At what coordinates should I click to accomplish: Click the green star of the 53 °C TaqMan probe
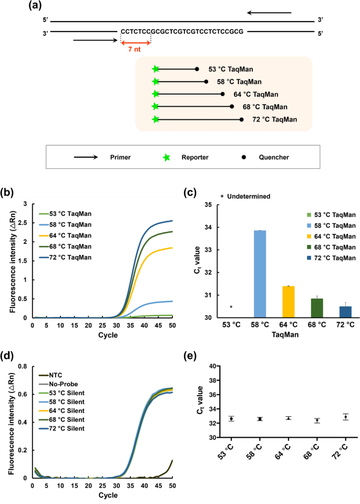click(155, 69)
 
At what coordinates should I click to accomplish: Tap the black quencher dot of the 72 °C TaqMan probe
click(242, 119)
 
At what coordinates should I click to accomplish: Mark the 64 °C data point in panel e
click(288, 418)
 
